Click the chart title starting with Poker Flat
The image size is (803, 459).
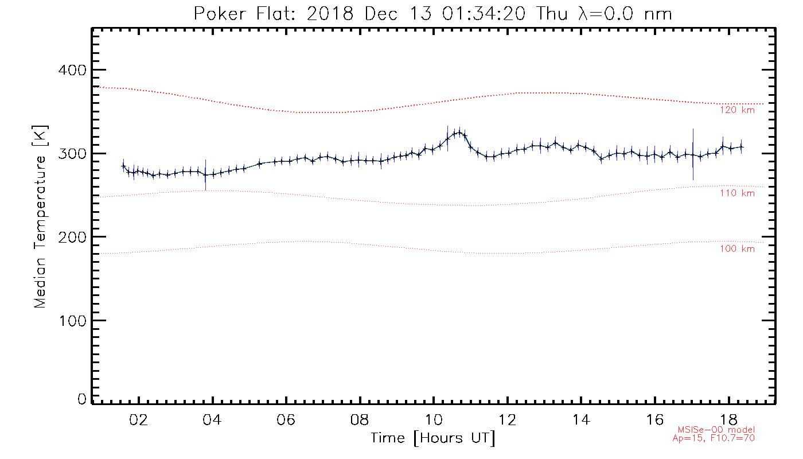coord(432,14)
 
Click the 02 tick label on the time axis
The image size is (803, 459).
coord(139,419)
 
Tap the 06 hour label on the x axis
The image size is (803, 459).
coord(286,419)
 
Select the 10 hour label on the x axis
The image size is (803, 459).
coord(434,419)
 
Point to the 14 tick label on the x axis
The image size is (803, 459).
coord(581,419)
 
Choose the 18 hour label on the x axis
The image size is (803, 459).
coord(728,419)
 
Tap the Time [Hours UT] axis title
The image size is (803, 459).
coord(433,438)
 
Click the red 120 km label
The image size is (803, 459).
coord(737,110)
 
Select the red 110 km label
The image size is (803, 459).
coord(737,193)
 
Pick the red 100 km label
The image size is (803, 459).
coord(737,248)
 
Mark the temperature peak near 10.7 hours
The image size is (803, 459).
coord(458,133)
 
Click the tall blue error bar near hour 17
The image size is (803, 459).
coord(693,154)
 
